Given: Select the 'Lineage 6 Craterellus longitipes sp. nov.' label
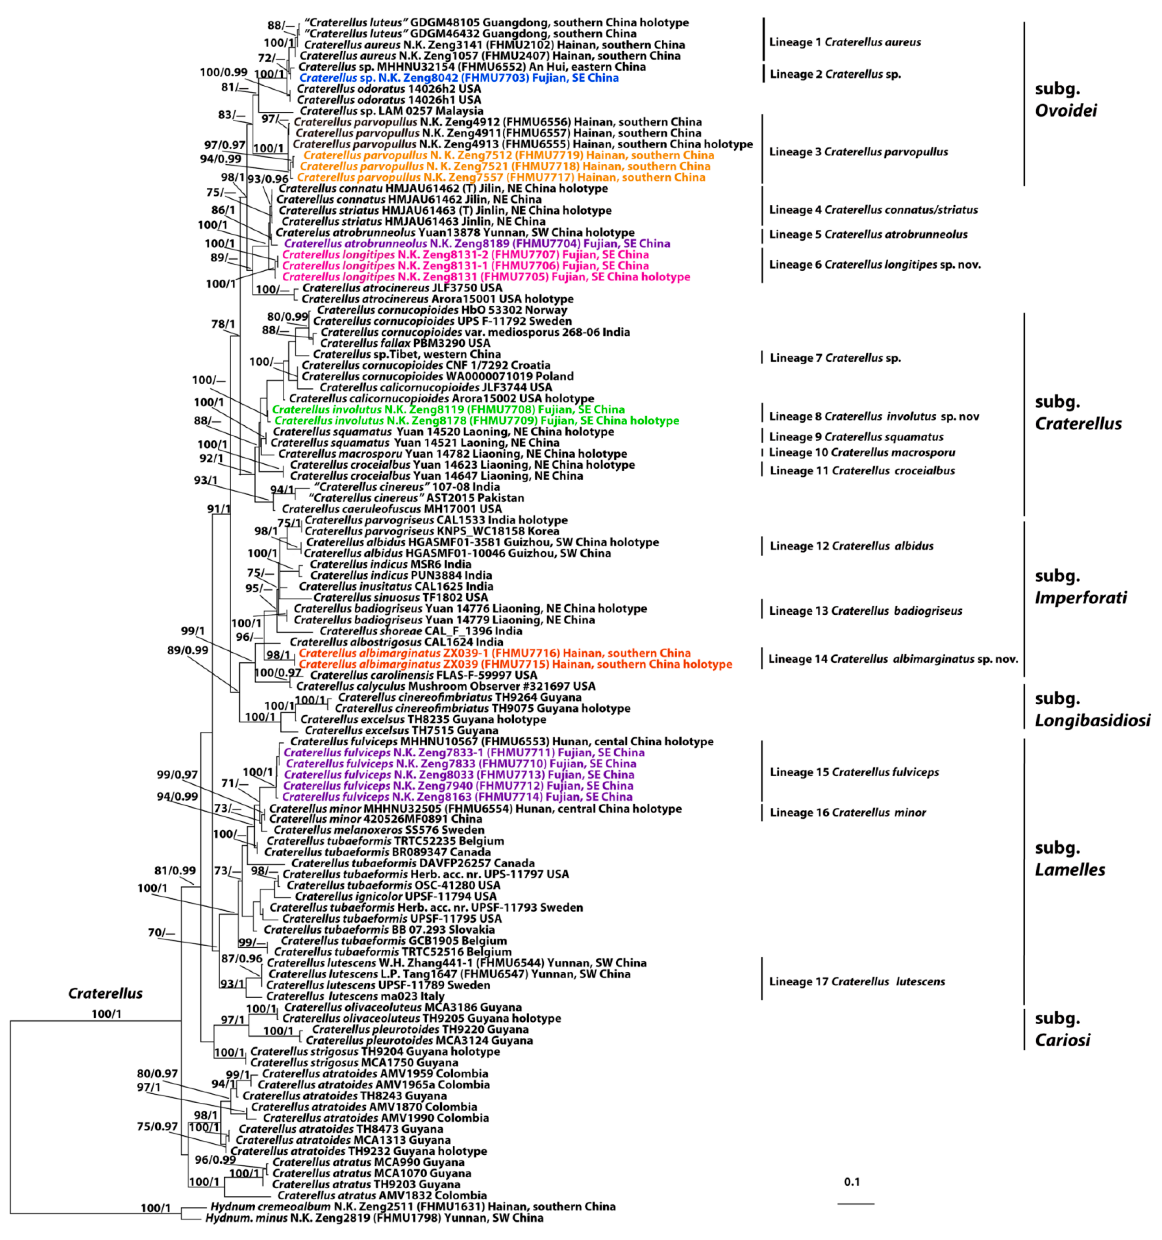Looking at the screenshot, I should [875, 264].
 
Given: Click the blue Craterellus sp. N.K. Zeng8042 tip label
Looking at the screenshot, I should [459, 78].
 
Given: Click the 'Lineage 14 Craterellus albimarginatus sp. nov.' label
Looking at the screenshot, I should [893, 659].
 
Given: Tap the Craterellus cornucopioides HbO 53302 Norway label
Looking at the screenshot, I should [442, 310].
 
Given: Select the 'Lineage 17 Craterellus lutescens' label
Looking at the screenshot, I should [857, 981].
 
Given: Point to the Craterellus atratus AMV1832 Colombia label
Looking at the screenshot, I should [382, 1195].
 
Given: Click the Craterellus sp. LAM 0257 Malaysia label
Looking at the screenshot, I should [391, 111].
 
